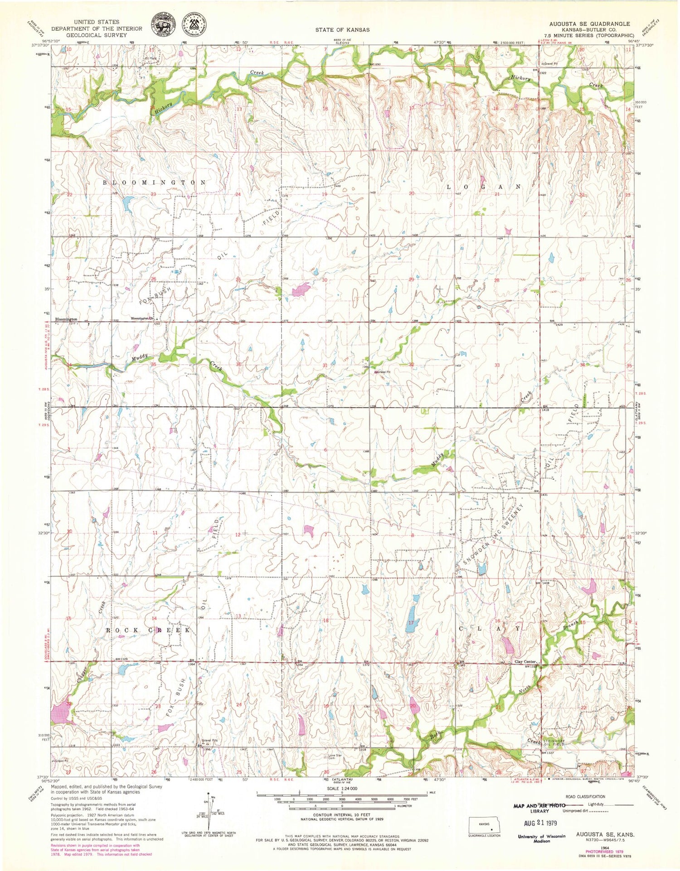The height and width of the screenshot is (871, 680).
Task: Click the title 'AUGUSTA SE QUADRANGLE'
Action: click(589, 24)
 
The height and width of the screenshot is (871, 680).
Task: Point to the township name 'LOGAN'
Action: click(483, 187)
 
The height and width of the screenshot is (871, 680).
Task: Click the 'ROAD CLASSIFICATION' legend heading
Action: click(585, 796)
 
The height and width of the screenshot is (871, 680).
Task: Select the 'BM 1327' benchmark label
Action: click(548, 753)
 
